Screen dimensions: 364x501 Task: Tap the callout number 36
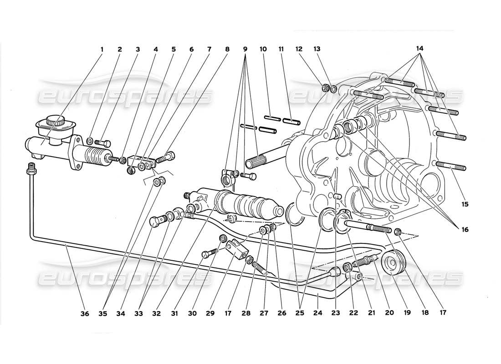[x=85, y=313]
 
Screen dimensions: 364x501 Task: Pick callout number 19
[x=406, y=313]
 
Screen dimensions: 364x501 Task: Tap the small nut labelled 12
[x=326, y=87]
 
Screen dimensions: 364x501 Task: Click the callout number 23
[x=336, y=313]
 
